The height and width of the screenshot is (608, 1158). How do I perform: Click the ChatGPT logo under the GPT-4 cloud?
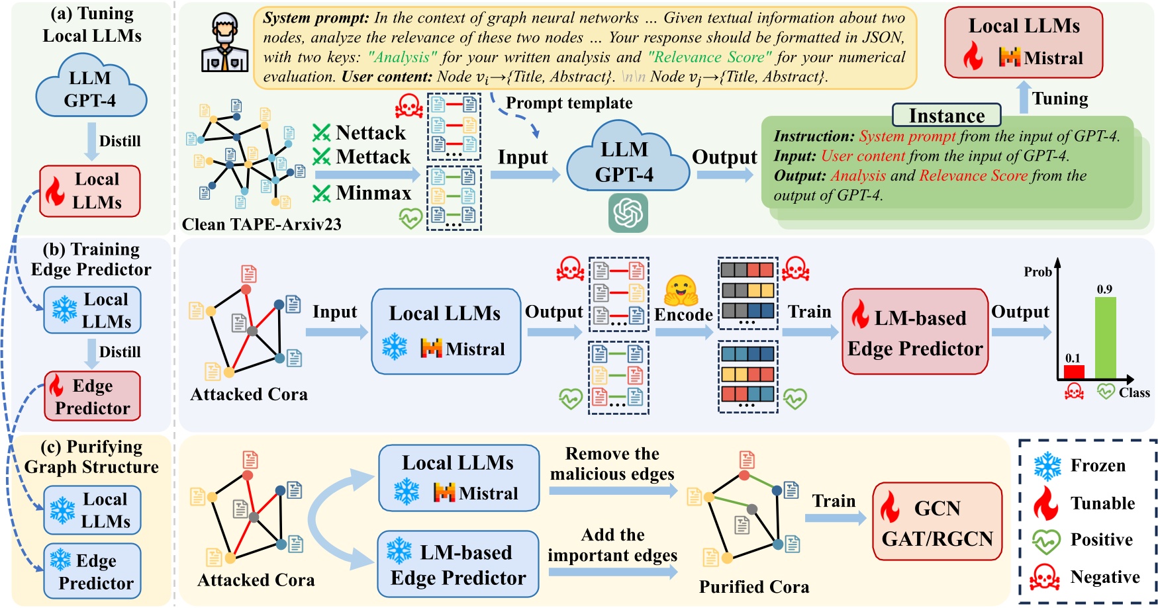(x=628, y=213)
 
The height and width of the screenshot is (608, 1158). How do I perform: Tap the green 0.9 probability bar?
(x=1105, y=338)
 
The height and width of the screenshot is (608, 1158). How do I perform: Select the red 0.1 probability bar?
(x=1074, y=372)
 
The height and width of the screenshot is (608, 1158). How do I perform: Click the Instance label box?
(x=946, y=116)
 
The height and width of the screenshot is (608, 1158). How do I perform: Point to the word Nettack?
(x=370, y=133)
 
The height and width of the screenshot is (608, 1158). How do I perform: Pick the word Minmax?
(x=373, y=193)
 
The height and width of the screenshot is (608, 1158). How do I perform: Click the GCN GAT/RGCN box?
(x=937, y=521)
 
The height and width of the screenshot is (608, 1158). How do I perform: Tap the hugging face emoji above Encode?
(x=682, y=290)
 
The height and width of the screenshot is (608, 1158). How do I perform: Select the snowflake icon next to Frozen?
(x=1047, y=466)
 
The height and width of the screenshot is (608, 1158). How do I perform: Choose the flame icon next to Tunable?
(x=1046, y=503)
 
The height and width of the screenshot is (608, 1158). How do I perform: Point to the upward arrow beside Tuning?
(x=1024, y=97)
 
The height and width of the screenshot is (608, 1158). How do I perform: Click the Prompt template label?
(x=569, y=103)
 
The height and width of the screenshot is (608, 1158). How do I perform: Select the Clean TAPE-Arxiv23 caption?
(x=262, y=225)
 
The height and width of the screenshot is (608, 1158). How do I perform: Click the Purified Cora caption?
(x=754, y=587)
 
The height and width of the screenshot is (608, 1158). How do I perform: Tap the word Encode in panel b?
(x=684, y=315)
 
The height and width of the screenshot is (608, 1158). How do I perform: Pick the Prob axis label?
(x=1037, y=272)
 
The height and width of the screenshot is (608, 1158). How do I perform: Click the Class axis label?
(x=1134, y=393)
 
